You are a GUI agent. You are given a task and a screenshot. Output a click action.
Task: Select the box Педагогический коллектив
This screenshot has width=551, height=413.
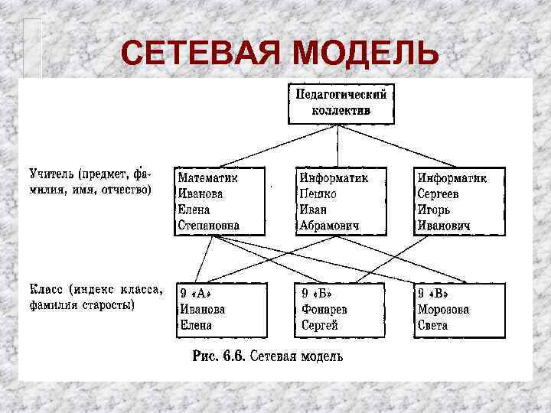pos(341,102)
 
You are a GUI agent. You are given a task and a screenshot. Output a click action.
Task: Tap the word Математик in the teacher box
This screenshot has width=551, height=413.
pos(208,177)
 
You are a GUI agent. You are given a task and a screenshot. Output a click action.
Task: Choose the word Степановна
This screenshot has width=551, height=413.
pos(209,226)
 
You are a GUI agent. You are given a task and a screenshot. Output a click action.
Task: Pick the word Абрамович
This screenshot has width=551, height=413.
pos(331,226)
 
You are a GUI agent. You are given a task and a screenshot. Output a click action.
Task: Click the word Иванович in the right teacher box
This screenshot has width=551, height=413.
pos(444,226)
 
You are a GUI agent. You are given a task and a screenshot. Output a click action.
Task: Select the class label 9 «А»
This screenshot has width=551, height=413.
pos(196,294)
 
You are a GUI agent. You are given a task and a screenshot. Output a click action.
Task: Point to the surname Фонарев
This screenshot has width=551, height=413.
pos(324,310)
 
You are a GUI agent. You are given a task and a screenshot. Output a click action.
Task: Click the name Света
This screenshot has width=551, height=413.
pos(433,326)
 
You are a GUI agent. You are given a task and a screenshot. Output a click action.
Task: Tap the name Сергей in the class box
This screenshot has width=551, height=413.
pos(320,326)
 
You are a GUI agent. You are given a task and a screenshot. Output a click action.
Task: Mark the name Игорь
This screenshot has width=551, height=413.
pos(434,210)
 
